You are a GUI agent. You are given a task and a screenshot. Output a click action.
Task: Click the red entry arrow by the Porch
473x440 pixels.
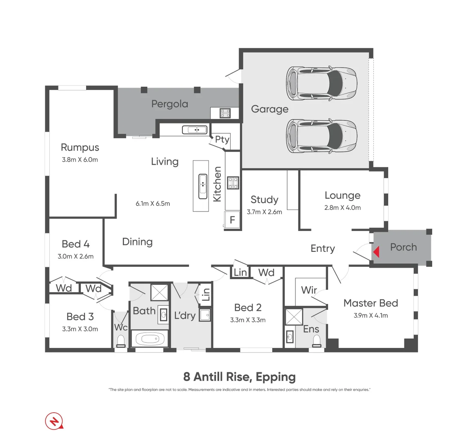coord(376,252)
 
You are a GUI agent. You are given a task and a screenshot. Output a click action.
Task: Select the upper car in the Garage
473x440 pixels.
coord(322,84)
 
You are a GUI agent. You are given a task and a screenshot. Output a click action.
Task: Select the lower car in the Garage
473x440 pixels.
coord(322,136)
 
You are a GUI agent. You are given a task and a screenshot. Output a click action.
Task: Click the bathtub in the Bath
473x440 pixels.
coord(149,339)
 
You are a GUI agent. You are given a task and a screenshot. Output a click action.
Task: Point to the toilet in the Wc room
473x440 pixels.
coord(121,341)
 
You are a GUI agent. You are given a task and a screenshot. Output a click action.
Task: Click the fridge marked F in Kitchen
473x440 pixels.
coord(232,220)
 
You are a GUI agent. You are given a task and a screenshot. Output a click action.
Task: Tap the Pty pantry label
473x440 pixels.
coord(222,140)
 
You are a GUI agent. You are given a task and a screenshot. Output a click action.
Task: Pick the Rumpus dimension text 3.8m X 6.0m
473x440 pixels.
coord(80,160)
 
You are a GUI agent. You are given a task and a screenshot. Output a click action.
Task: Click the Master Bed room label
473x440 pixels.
coord(371,303)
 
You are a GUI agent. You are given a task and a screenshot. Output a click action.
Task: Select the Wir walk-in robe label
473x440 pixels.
coord(309,290)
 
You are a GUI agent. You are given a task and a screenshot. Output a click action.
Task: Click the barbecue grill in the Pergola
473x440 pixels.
coord(225,113)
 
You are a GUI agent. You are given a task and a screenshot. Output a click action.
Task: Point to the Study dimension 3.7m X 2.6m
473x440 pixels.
coord(264,212)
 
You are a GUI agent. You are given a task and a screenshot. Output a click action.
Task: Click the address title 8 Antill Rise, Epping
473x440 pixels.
coord(240,377)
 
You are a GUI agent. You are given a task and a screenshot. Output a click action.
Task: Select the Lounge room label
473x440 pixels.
coord(342,196)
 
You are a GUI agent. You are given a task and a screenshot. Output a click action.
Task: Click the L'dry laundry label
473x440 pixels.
coord(185,315)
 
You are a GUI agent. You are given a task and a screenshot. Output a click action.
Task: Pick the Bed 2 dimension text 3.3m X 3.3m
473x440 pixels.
coord(248,320)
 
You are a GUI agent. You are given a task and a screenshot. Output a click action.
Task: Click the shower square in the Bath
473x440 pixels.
coord(159,293)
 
